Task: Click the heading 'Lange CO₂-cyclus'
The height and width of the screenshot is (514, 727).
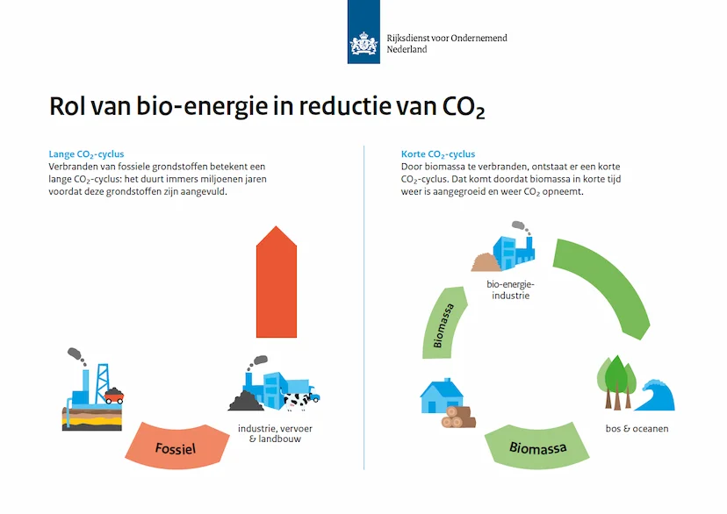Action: (86, 154)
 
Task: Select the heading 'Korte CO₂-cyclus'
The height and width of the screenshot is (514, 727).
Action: (438, 154)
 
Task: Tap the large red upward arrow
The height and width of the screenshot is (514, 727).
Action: (277, 282)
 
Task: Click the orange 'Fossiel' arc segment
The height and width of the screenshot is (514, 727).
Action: (176, 446)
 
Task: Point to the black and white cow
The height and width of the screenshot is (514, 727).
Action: (296, 401)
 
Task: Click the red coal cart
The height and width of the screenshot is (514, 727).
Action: (113, 395)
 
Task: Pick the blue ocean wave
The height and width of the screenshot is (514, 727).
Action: (655, 395)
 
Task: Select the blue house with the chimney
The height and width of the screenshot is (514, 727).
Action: (441, 396)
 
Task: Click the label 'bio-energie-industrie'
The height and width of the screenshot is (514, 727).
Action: (510, 289)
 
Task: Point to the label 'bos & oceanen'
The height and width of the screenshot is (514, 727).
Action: (637, 429)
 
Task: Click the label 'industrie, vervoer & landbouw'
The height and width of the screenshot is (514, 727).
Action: (275, 433)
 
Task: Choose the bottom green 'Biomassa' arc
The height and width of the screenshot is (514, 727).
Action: (536, 446)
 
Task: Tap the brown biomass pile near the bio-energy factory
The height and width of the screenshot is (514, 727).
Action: (485, 262)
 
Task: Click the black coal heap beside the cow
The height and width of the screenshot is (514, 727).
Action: (246, 401)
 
